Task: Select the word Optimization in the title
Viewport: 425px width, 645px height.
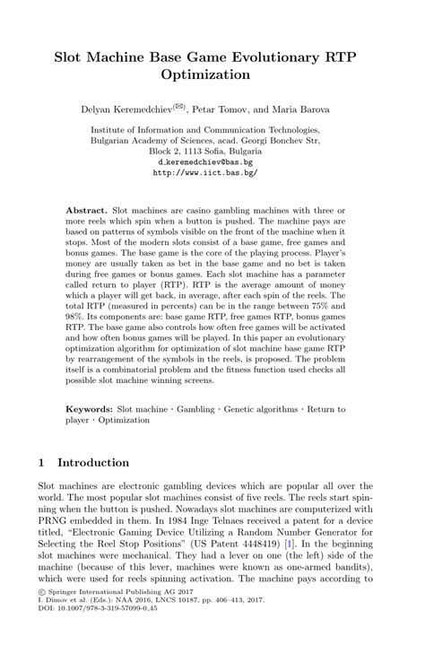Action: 212,77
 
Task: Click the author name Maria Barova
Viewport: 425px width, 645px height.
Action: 301,109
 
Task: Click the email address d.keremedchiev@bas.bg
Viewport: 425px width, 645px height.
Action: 212,162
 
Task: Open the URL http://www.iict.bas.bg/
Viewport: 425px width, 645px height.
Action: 212,172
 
